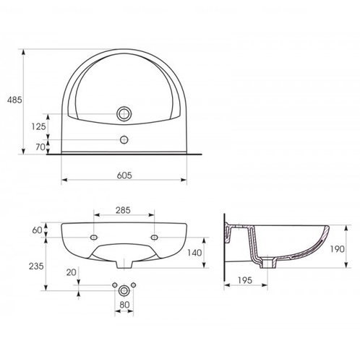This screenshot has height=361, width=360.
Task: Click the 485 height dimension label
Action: click(14, 100)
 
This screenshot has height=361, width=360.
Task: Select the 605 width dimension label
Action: click(124, 175)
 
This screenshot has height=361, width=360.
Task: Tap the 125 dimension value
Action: click(38, 126)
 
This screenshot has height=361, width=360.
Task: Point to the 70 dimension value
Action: click(40, 147)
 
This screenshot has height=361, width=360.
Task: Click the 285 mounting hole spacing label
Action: click(123, 210)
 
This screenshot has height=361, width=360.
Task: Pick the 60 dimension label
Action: click(37, 230)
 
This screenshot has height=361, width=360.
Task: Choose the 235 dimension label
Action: click(36, 266)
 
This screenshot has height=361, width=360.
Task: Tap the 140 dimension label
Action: click(194, 253)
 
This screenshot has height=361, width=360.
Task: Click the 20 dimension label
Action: click(71, 272)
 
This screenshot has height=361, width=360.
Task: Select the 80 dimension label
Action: click(124, 305)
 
